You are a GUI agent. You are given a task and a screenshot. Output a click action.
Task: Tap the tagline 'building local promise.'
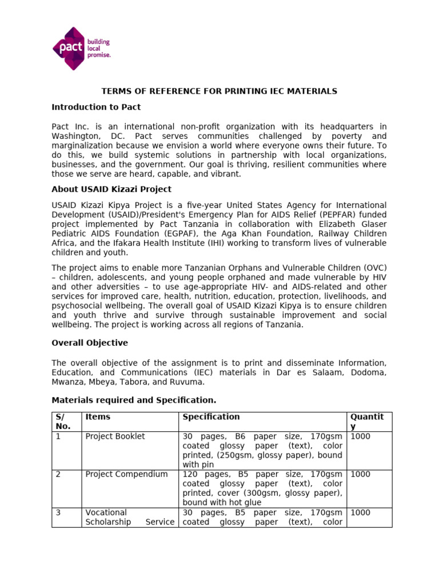coord(98,49)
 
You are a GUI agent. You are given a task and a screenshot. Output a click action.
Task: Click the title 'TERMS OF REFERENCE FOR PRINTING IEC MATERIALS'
coord(219,91)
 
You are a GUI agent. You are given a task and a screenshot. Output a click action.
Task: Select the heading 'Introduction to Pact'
coord(96,107)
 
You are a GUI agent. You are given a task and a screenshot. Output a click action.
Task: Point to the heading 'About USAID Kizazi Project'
coord(111,189)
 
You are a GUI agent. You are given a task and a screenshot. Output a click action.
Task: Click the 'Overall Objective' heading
coord(90,343)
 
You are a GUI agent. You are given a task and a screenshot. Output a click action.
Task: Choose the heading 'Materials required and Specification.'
coord(134,400)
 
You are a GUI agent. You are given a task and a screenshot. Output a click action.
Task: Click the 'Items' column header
coord(97,417)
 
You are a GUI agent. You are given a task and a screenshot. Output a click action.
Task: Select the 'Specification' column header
coord(211,417)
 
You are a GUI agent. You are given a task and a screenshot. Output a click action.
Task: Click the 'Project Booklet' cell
coord(115,436)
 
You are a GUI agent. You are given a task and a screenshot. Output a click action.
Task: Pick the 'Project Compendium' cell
coord(126,474)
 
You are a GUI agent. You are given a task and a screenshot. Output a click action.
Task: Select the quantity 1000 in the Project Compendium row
coord(360,474)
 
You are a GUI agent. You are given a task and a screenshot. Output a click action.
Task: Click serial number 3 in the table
coord(58,512)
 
